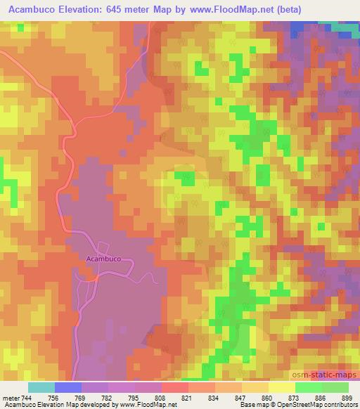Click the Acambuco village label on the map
click(103, 259)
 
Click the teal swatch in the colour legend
click(41, 387)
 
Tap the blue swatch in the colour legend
click(68, 387)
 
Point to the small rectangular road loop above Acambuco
click(103, 247)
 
